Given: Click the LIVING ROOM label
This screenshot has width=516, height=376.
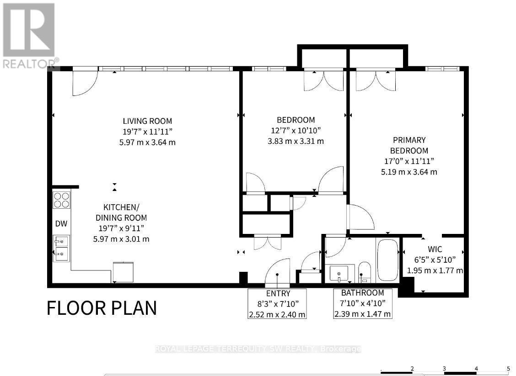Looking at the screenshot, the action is click(x=147, y=121).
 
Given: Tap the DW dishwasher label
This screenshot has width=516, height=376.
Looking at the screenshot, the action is click(x=61, y=224).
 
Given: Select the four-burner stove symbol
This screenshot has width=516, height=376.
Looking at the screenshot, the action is click(x=62, y=200).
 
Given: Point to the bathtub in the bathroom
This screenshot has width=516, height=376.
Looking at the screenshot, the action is click(x=387, y=260).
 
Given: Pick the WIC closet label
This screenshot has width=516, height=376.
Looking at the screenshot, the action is click(x=435, y=249).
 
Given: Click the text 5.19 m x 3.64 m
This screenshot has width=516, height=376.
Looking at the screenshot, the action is click(x=409, y=172).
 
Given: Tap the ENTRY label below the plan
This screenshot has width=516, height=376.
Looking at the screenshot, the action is click(x=278, y=293).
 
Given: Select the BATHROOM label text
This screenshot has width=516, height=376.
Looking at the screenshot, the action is click(x=362, y=292).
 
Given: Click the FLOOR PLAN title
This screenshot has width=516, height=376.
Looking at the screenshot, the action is click(x=102, y=308).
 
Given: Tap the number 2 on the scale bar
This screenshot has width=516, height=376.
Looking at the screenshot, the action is click(x=412, y=368).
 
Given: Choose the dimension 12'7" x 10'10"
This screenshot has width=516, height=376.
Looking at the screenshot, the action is click(x=296, y=131).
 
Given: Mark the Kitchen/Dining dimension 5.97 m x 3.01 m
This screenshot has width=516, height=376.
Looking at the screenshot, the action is click(x=121, y=239).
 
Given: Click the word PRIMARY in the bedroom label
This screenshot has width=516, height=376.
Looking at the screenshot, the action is click(x=409, y=140).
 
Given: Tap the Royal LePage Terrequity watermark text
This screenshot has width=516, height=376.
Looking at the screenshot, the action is click(x=258, y=349).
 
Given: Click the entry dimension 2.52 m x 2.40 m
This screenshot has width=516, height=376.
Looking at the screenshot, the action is click(x=277, y=314).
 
